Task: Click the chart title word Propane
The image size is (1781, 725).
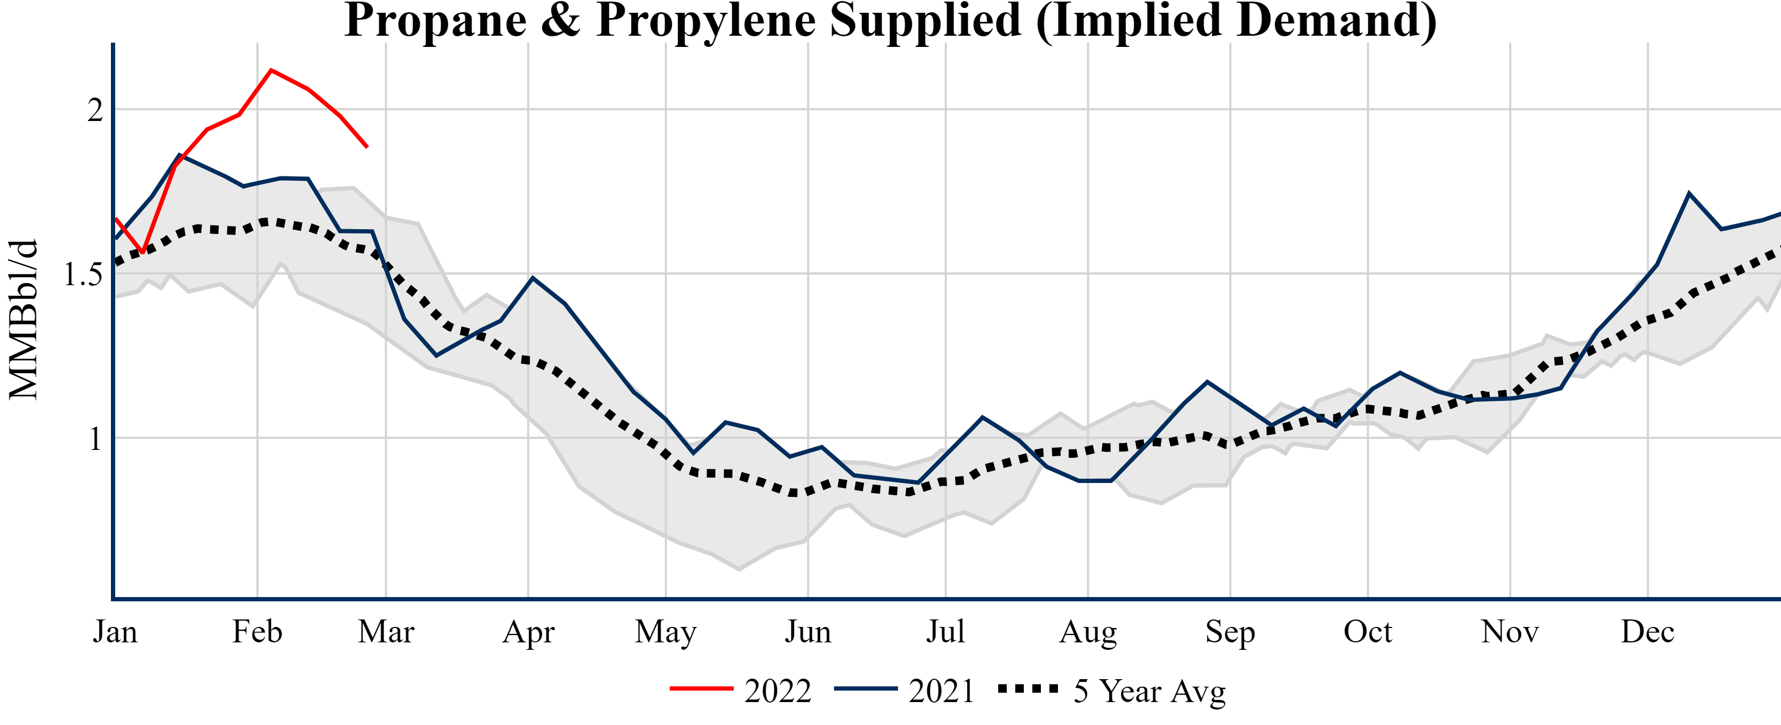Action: click(x=436, y=21)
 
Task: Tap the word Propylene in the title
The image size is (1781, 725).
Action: click(x=705, y=21)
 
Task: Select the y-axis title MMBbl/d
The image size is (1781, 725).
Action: click(x=23, y=319)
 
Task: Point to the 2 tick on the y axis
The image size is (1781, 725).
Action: click(x=95, y=110)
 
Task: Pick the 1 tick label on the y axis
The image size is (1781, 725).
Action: click(x=95, y=439)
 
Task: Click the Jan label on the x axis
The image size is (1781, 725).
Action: click(x=115, y=632)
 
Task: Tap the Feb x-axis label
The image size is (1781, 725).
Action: click(x=257, y=632)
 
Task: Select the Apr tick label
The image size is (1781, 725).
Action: click(x=528, y=632)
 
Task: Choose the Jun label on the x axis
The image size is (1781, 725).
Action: click(x=807, y=632)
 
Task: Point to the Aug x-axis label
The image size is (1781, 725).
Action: click(x=1088, y=632)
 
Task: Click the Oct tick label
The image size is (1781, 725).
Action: click(x=1368, y=632)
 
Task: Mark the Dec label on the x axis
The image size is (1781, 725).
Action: click(x=1648, y=632)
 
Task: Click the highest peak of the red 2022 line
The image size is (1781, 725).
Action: click(x=271, y=70)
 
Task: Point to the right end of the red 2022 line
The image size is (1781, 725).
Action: click(x=367, y=147)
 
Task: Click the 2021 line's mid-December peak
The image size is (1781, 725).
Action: click(x=1689, y=194)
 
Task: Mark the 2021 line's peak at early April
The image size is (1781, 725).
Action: click(x=532, y=278)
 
